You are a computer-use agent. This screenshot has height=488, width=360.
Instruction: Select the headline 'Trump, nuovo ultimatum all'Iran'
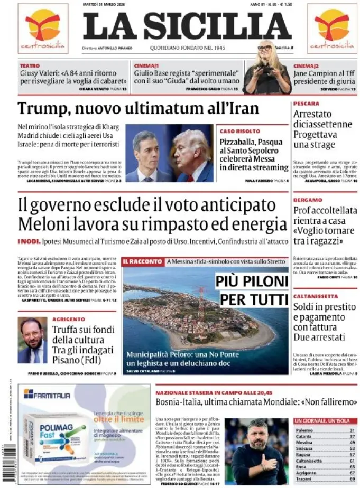(138, 108)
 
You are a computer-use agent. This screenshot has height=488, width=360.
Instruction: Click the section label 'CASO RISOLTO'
(239, 130)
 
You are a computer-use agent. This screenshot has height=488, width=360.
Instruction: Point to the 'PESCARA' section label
(306, 104)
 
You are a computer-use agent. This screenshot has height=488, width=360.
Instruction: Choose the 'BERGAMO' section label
(308, 200)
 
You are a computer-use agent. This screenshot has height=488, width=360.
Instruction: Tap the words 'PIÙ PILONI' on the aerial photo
(251, 283)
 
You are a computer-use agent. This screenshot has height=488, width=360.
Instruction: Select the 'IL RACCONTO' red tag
(142, 261)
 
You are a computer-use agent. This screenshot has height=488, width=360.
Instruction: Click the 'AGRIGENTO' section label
(68, 319)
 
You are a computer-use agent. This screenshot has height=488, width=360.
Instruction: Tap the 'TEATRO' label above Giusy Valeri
(30, 65)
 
